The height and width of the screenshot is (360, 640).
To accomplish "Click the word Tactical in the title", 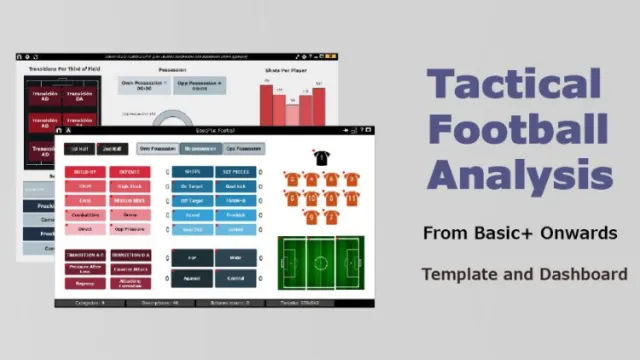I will coord(514,84).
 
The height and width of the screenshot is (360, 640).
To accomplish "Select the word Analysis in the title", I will coord(520,175).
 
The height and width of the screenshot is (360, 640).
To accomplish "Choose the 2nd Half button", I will coord(112,149).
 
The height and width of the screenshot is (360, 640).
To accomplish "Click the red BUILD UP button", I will coord(85,172).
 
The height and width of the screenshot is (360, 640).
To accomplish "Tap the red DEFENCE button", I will coord(130,172).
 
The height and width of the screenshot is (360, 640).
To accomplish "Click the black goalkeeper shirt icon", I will coord(321,157).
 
